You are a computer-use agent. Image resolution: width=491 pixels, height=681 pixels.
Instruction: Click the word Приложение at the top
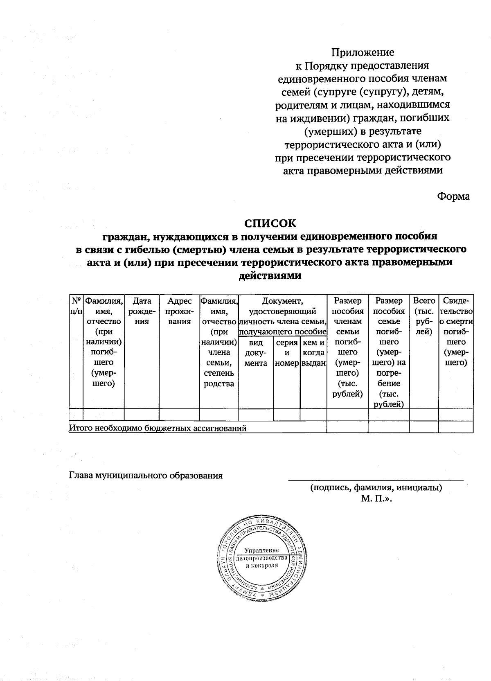click(x=363, y=52)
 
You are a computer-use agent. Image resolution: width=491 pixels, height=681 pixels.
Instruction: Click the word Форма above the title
click(x=453, y=196)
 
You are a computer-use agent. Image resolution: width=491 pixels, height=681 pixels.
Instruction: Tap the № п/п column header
click(x=76, y=306)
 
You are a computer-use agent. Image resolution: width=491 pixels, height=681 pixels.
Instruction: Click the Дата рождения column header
click(x=142, y=311)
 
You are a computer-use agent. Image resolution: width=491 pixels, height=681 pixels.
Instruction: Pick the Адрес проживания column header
click(x=179, y=311)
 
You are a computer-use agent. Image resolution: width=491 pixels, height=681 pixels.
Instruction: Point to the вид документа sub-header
click(x=255, y=352)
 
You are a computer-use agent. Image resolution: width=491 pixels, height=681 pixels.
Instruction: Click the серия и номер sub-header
click(x=286, y=352)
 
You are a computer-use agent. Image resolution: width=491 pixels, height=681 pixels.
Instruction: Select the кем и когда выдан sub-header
click(x=313, y=352)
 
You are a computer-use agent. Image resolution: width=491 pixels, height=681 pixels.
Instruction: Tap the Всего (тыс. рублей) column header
click(x=423, y=316)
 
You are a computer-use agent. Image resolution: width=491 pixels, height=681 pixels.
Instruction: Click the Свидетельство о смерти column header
click(x=456, y=331)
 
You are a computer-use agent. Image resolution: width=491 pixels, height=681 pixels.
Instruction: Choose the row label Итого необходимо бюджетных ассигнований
click(x=158, y=428)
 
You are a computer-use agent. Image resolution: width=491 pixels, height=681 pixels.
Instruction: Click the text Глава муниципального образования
click(x=146, y=475)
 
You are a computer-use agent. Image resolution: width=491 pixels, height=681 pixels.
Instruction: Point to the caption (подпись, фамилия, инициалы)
click(x=375, y=487)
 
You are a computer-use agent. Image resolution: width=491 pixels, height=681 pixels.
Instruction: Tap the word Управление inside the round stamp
click(x=262, y=550)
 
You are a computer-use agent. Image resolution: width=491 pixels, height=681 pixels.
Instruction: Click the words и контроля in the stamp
click(x=262, y=565)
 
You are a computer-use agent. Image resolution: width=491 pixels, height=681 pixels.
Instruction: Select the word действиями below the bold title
click(x=270, y=275)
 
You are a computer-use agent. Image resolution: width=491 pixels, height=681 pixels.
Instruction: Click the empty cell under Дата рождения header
click(x=142, y=415)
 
